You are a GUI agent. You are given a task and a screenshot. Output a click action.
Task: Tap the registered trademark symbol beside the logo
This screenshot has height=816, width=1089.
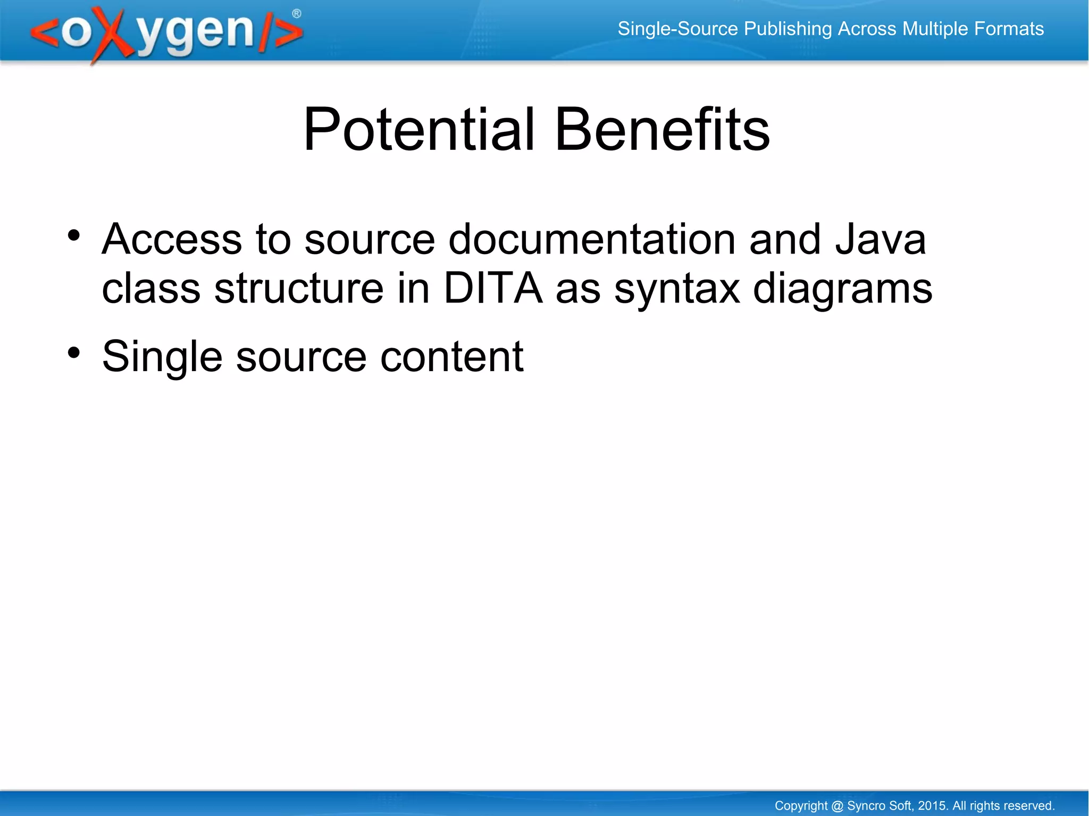297,14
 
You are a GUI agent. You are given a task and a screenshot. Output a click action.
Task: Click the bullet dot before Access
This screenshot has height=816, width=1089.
74,235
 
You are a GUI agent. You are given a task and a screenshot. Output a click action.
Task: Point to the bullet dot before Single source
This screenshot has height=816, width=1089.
74,352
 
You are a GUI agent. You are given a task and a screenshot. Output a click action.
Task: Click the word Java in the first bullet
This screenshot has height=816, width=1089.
880,239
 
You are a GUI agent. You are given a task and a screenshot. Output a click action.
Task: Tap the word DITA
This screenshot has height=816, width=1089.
493,288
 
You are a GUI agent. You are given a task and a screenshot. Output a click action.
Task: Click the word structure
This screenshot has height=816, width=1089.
298,288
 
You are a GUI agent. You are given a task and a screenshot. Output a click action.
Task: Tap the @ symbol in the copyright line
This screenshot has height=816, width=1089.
837,805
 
